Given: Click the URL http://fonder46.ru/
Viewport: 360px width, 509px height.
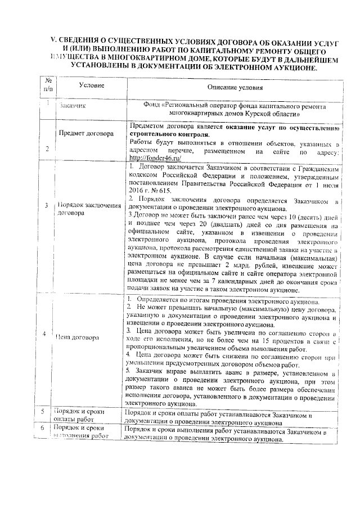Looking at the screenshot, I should point(155,158).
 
